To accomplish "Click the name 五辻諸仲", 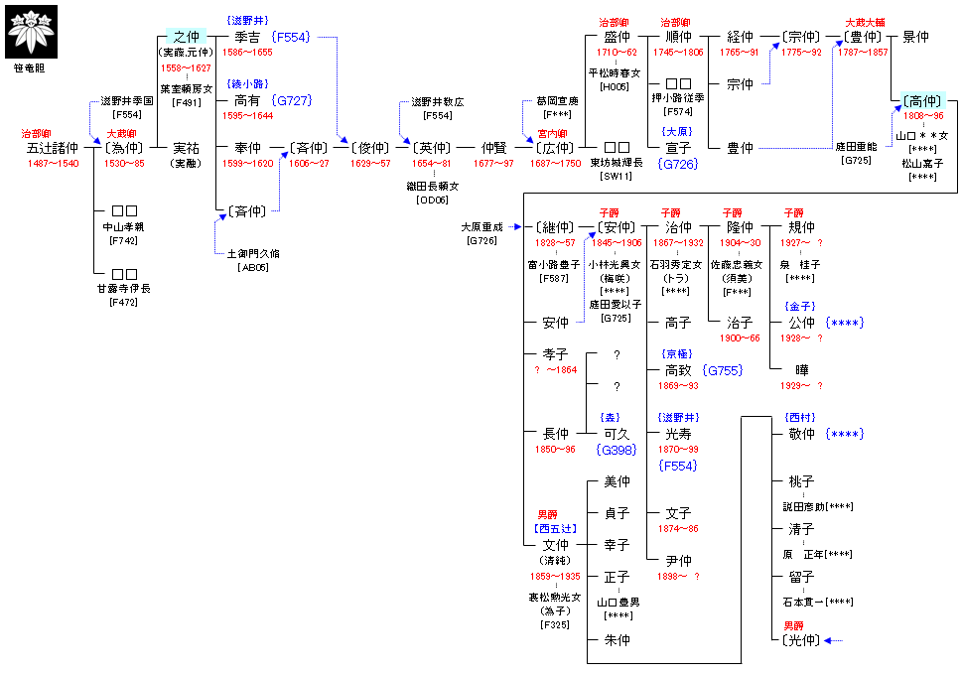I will point(53,148).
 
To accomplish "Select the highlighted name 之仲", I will point(186,38).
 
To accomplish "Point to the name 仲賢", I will point(493,148).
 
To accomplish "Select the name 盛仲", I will point(617,38).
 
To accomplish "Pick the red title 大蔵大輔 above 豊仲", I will point(866,22).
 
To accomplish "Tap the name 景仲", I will point(915,38).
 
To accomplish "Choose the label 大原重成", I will point(482,227).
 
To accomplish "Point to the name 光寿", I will point(678,434).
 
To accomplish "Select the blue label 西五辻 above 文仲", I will point(556,529).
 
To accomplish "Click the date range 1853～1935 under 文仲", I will point(556,576).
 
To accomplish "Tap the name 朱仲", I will point(617,640).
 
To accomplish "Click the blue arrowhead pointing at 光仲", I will point(827,640).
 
